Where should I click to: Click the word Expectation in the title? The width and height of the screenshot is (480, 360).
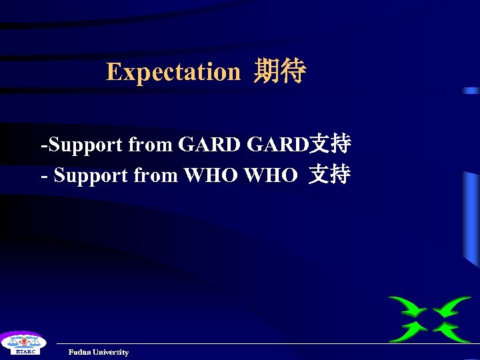(173, 71)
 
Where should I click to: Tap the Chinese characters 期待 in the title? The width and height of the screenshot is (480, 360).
(279, 71)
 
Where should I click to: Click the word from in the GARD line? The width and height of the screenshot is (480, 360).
(150, 144)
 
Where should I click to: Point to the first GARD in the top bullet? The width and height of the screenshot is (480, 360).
(209, 144)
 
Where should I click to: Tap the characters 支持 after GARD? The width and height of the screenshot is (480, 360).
(331, 144)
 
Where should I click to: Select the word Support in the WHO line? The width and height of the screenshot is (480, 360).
(91, 175)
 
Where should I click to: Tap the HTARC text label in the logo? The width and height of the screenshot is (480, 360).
(21, 351)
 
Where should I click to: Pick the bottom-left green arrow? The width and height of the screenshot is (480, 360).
(408, 331)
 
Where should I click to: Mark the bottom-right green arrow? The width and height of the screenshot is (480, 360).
(453, 331)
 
